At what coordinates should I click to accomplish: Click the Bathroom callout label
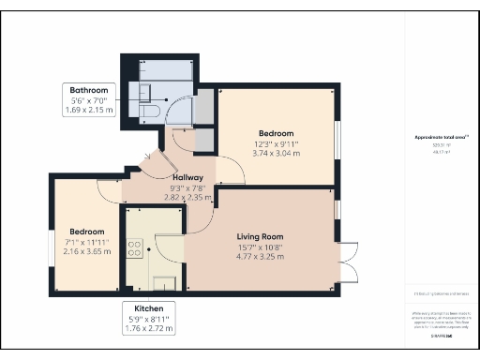coord(89,90)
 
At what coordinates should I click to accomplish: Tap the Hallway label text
coord(189,176)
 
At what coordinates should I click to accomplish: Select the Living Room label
coord(260,236)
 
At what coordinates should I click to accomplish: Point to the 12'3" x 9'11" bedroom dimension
coord(277,144)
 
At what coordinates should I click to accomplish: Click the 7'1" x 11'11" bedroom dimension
coord(86,242)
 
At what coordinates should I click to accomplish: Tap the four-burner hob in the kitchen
coord(134,248)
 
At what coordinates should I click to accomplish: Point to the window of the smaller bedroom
coord(52,242)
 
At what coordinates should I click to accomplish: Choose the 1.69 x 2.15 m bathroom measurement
coord(89,110)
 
